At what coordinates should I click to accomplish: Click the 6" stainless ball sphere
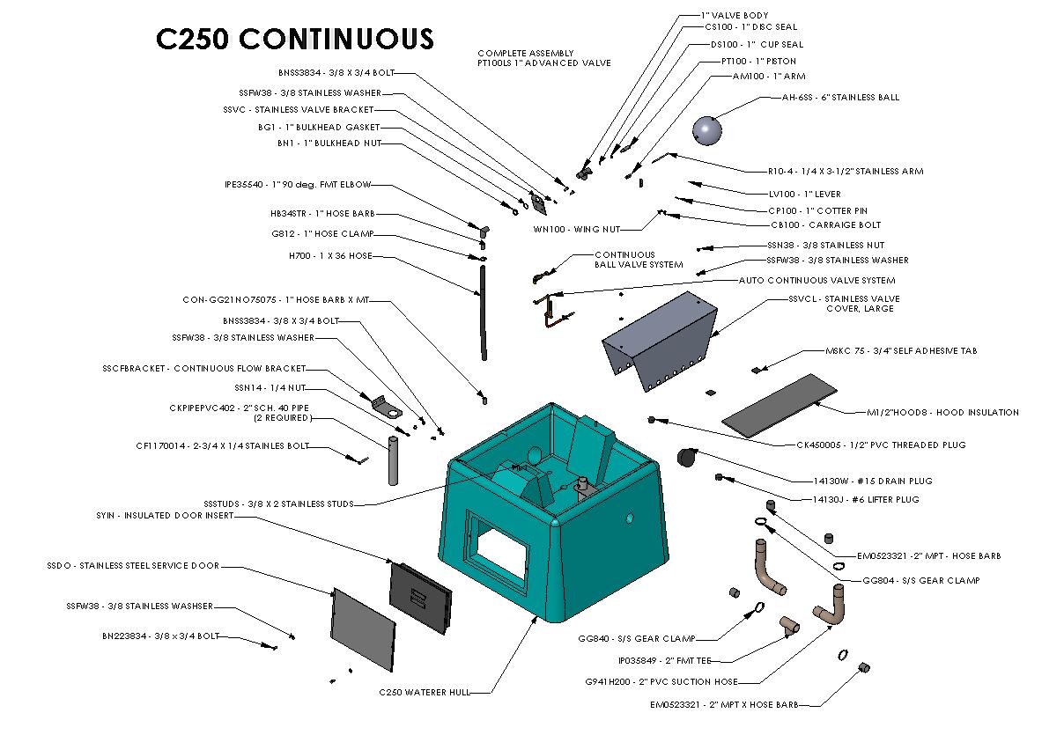(707, 131)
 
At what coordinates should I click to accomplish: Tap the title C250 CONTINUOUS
(294, 40)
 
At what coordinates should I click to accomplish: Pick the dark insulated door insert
(420, 595)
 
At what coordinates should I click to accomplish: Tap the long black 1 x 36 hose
(483, 312)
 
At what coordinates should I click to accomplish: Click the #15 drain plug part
(686, 458)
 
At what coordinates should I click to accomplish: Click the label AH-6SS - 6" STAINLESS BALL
(840, 98)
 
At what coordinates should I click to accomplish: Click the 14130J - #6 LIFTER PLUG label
(865, 499)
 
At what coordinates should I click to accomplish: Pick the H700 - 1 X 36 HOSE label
(330, 256)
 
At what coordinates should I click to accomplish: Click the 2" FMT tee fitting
(788, 627)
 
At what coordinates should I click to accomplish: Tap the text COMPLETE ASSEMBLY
(526, 53)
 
